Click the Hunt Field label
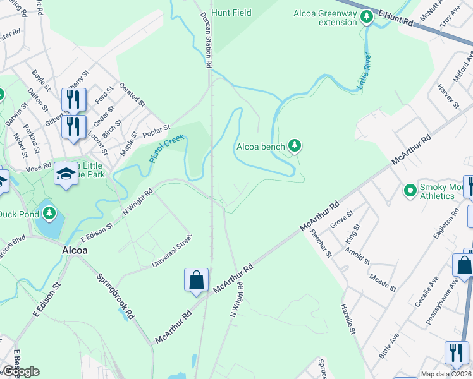231,13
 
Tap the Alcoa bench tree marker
294,147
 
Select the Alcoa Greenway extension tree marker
366,17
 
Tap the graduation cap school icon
66,174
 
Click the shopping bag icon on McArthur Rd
196,280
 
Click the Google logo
21,371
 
